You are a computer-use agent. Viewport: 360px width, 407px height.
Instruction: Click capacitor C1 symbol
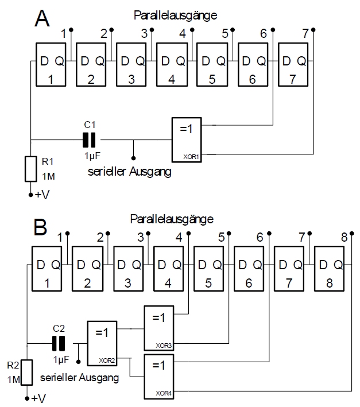(x=89, y=139)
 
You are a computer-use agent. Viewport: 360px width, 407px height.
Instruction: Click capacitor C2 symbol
(x=59, y=343)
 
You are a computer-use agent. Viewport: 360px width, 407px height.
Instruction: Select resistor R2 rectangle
(x=28, y=372)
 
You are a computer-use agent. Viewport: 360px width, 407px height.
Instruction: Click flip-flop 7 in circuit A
(x=293, y=64)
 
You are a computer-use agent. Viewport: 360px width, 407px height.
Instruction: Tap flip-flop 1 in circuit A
(x=51, y=64)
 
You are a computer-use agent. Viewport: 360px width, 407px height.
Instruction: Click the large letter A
(x=42, y=18)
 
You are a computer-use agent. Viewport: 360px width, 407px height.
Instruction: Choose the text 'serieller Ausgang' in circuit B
(x=80, y=378)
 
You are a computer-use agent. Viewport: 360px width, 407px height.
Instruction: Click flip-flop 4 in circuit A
(x=172, y=64)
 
